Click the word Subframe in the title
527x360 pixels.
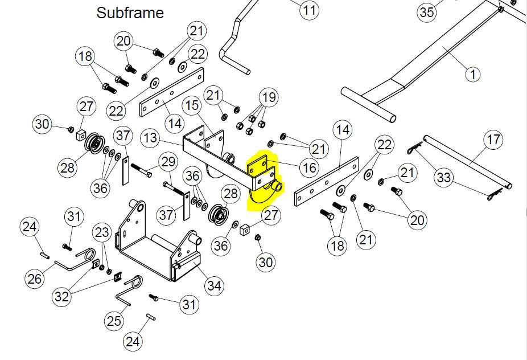click(130, 13)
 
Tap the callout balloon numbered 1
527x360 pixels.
click(474, 74)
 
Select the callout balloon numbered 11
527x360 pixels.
click(309, 10)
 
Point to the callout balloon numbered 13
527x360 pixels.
click(150, 138)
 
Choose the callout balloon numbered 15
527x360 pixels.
click(192, 105)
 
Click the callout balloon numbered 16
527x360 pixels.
click(310, 167)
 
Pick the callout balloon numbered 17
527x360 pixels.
click(493, 140)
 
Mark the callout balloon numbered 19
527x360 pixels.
click(269, 97)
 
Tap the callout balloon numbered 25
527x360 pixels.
click(114, 321)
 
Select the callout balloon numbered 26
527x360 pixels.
click(35, 279)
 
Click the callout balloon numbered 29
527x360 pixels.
click(168, 162)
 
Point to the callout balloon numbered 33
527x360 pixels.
click(444, 177)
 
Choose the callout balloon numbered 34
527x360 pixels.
click(215, 285)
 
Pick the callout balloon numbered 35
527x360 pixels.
click(427, 13)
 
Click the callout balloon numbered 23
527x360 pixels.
click(102, 232)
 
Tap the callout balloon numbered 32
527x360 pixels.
click(62, 296)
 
